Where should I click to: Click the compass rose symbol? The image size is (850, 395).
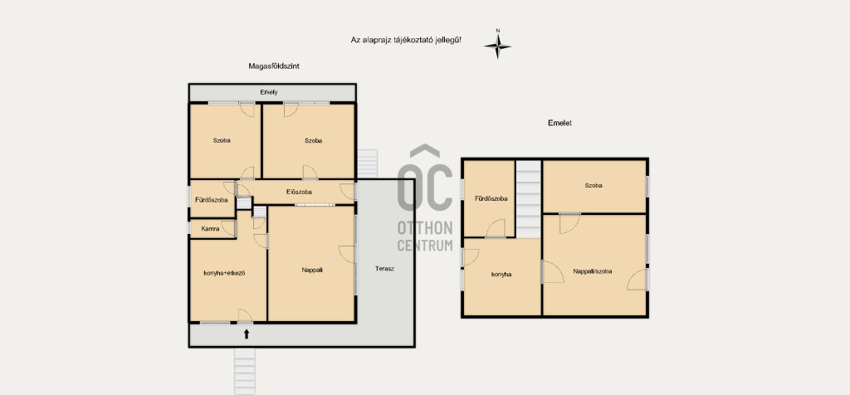pyautogui.click(x=497, y=46)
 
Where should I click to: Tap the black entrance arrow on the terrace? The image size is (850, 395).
pyautogui.click(x=246, y=334)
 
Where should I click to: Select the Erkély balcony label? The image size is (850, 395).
pyautogui.click(x=269, y=92)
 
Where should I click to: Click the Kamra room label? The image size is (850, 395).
pyautogui.click(x=210, y=229)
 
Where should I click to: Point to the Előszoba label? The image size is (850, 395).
pyautogui.click(x=299, y=191)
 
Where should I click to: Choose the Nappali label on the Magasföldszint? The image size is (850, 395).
pyautogui.click(x=312, y=270)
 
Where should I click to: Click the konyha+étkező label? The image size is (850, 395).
pyautogui.click(x=224, y=272)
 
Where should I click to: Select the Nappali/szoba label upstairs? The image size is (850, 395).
pyautogui.click(x=593, y=271)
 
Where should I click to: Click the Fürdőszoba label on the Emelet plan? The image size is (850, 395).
pyautogui.click(x=491, y=198)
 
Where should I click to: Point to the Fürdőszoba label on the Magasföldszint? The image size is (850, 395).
pyautogui.click(x=212, y=200)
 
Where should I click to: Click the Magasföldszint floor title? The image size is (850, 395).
pyautogui.click(x=274, y=66)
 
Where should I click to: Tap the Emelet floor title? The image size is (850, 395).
pyautogui.click(x=560, y=123)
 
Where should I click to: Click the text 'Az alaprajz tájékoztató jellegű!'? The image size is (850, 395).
pyautogui.click(x=407, y=40)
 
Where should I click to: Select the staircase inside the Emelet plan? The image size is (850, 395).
pyautogui.click(x=528, y=199)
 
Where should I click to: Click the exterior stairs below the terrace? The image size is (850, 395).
pyautogui.click(x=245, y=371)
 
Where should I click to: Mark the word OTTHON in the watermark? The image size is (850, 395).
pyautogui.click(x=425, y=226)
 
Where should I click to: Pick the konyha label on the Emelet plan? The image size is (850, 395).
pyautogui.click(x=501, y=274)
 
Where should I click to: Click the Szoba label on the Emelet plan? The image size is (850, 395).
pyautogui.click(x=594, y=185)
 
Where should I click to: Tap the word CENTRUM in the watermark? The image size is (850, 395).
pyautogui.click(x=425, y=245)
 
